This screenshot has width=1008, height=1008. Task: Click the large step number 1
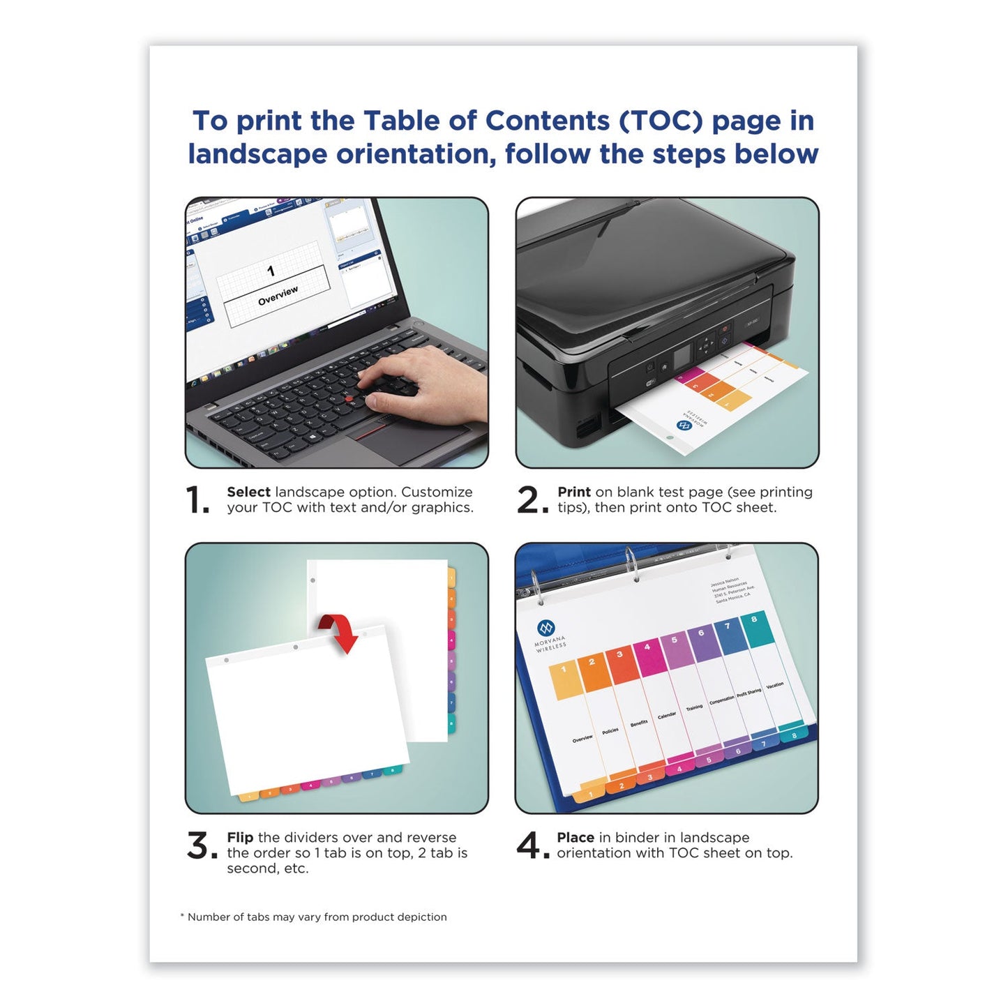pos(197,500)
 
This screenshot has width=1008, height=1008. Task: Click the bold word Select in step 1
pos(248,492)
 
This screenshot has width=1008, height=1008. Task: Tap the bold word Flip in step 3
pos(240,837)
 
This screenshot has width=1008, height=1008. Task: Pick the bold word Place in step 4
pos(576,837)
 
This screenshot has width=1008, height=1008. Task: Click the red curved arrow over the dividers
pos(340,631)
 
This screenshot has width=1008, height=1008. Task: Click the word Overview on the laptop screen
pos(278,296)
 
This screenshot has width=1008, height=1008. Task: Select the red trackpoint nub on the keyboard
pos(348,398)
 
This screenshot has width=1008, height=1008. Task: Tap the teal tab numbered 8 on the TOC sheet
pos(754,628)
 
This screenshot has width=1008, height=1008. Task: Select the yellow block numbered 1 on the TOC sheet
pos(565,682)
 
